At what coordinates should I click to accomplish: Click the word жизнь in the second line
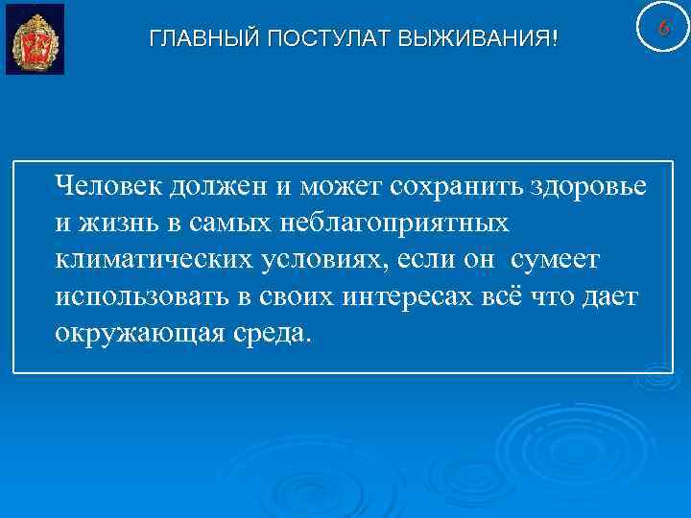pyautogui.click(x=114, y=224)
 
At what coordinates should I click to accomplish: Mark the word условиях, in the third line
pyautogui.click(x=318, y=260)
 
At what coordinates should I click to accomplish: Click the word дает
pyautogui.click(x=610, y=297)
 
